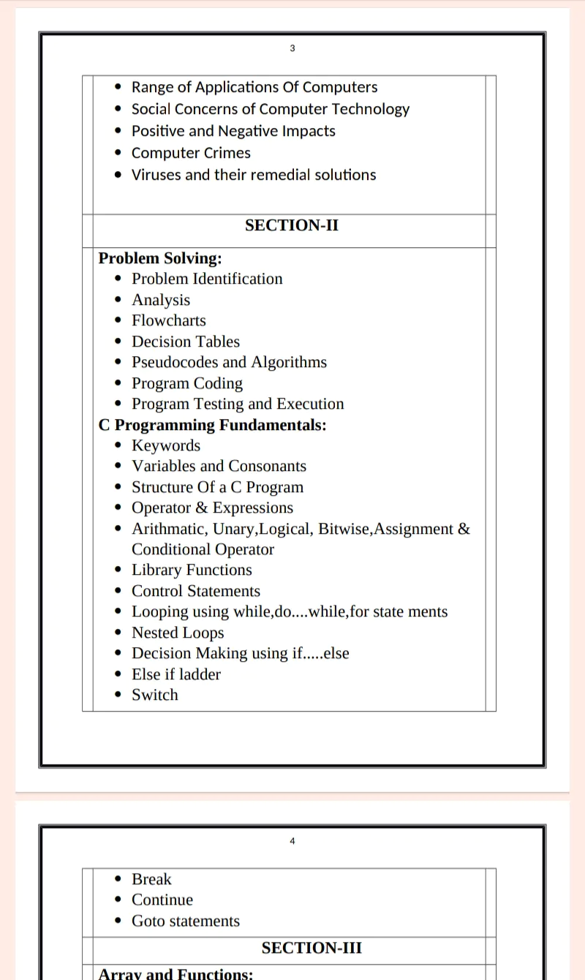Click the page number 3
[292, 48]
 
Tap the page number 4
[292, 841]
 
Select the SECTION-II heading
[292, 225]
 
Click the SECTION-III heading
[312, 948]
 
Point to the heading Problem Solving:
[160, 258]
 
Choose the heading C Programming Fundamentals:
[212, 425]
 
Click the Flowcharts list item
[169, 320]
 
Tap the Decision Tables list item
[186, 342]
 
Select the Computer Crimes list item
[191, 153]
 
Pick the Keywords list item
[166, 445]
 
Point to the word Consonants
[267, 466]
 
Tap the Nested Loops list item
[178, 633]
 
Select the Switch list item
[155, 695]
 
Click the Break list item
[151, 879]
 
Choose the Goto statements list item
[186, 921]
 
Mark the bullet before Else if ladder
[119, 675]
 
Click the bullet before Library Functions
[119, 570]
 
